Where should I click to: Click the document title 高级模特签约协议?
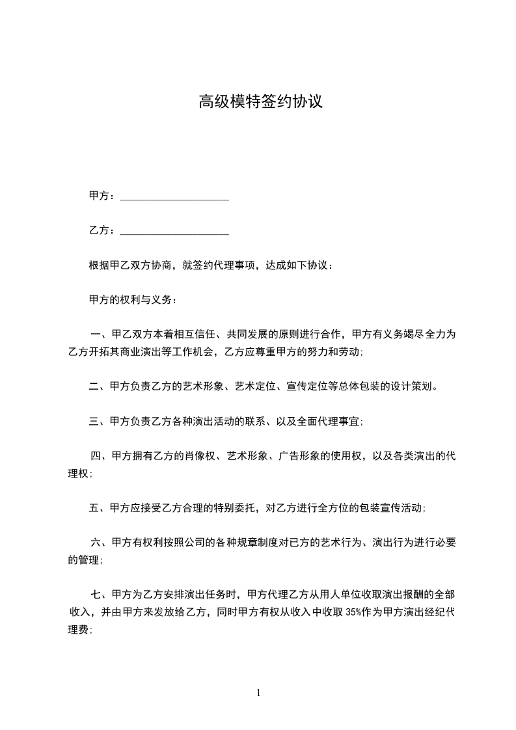[260, 102]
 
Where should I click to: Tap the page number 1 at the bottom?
[258, 693]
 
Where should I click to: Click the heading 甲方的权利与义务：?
[132, 300]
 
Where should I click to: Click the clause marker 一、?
[101, 334]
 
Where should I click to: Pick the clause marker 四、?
[101, 456]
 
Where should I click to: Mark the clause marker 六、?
[101, 543]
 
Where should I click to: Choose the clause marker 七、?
[101, 594]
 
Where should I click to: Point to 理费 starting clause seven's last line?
[78, 629]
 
